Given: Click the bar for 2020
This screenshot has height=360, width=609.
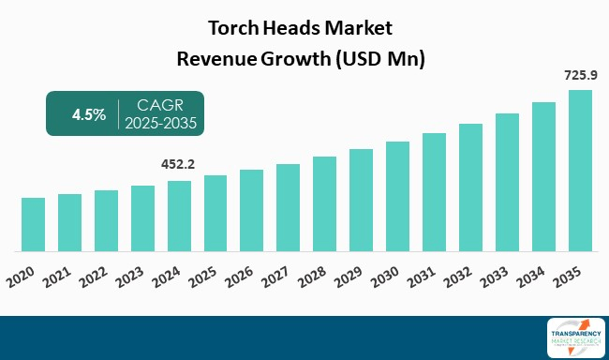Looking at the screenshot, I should (33, 225).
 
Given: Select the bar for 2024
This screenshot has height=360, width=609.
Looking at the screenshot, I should (179, 217).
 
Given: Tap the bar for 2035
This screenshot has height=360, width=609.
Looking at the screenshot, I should (580, 171).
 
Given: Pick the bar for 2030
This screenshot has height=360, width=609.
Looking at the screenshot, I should (398, 197).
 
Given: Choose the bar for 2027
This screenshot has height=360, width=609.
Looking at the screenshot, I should (289, 208).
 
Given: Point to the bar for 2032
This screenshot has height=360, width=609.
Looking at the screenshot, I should (471, 187).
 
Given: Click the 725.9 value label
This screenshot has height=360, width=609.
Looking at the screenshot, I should (580, 74).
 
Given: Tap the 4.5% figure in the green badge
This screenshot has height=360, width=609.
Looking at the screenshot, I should (90, 114).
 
